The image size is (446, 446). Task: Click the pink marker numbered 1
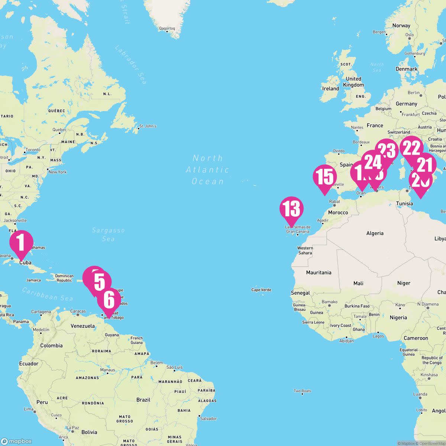click(x=21, y=242)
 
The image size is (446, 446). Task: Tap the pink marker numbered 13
click(x=292, y=209)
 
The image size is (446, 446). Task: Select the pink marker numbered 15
click(x=325, y=177)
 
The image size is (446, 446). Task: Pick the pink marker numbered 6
click(x=109, y=300)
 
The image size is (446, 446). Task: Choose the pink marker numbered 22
click(x=411, y=148)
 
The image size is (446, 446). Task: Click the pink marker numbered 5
click(x=99, y=281)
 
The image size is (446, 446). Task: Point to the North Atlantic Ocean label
click(x=207, y=169)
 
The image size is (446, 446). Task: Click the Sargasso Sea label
click(x=108, y=235)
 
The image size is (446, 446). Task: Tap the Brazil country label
click(x=143, y=400)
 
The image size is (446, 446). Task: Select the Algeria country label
click(x=375, y=233)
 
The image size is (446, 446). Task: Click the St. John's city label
click(x=148, y=126)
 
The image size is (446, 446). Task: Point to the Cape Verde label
click(x=261, y=290)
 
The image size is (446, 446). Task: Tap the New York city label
click(x=58, y=172)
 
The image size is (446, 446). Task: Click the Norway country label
click(x=401, y=26)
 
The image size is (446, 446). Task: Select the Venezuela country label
click(x=83, y=326)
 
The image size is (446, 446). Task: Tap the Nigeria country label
click(x=398, y=318)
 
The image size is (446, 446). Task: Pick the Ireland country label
click(x=330, y=89)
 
